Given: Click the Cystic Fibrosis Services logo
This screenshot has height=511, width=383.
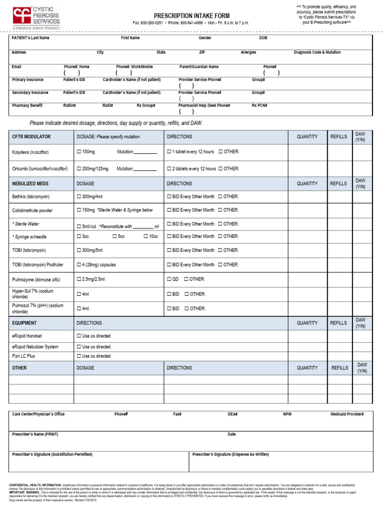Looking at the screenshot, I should (36, 18).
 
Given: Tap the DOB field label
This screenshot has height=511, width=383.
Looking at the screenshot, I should (263, 38).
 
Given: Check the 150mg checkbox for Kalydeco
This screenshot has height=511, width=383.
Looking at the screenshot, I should (79, 152).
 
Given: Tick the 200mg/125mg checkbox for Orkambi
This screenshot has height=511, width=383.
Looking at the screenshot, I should (79, 169).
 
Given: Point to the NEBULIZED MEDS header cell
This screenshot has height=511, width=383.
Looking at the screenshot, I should (30, 184).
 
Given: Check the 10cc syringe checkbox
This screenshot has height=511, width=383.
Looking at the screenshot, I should (146, 236).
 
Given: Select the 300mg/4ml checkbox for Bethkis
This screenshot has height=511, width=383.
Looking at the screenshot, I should (79, 197).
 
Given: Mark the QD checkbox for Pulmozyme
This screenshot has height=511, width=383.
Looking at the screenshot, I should (170, 279).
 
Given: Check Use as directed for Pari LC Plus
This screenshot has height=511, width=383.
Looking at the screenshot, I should (79, 356).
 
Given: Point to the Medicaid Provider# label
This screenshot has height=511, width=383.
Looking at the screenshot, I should (347, 414).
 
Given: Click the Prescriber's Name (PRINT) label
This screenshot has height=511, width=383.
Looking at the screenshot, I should (35, 435).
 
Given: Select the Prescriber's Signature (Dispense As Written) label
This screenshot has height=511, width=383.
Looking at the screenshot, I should (230, 455).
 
